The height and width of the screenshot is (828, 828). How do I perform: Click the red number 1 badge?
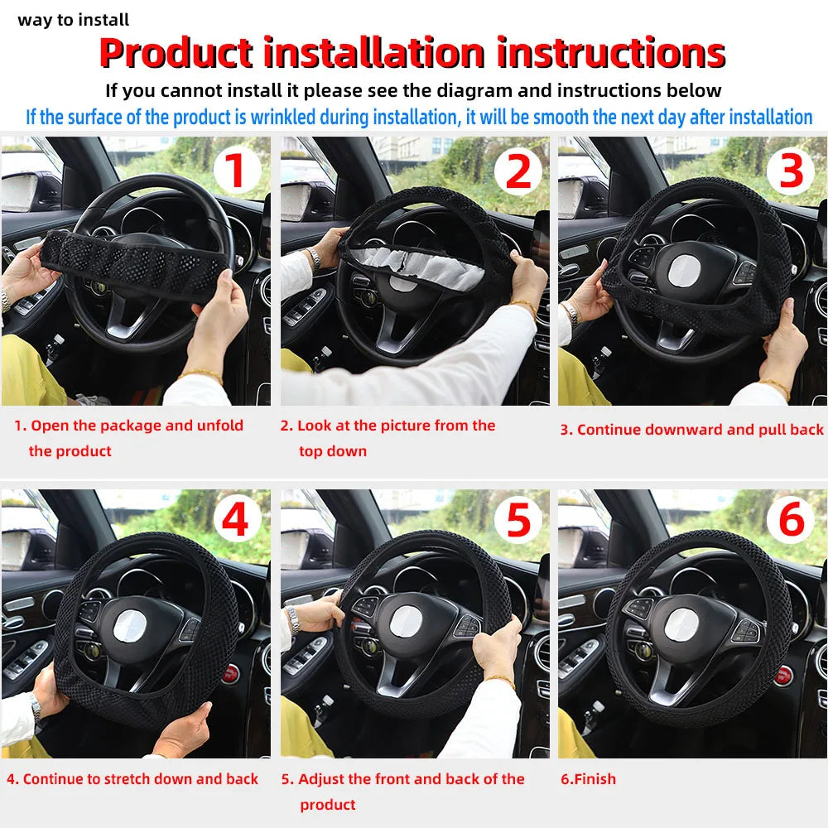tap(236, 171)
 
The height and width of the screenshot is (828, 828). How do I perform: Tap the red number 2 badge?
tap(517, 171)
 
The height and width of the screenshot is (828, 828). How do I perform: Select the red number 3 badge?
tap(792, 171)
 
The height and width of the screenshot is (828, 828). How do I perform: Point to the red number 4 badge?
tap(236, 520)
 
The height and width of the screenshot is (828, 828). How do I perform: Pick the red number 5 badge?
tap(517, 520)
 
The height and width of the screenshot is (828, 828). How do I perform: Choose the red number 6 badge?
tap(792, 520)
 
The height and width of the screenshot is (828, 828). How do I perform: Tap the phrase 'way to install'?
tap(74, 20)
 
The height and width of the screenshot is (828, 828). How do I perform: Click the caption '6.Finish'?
tap(588, 779)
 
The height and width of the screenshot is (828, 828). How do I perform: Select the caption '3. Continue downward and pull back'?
tap(692, 430)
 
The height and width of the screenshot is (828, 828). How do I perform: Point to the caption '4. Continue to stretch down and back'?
tap(132, 779)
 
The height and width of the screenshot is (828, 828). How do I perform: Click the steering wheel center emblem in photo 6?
tap(685, 625)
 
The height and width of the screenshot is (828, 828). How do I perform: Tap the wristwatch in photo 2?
tap(314, 258)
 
